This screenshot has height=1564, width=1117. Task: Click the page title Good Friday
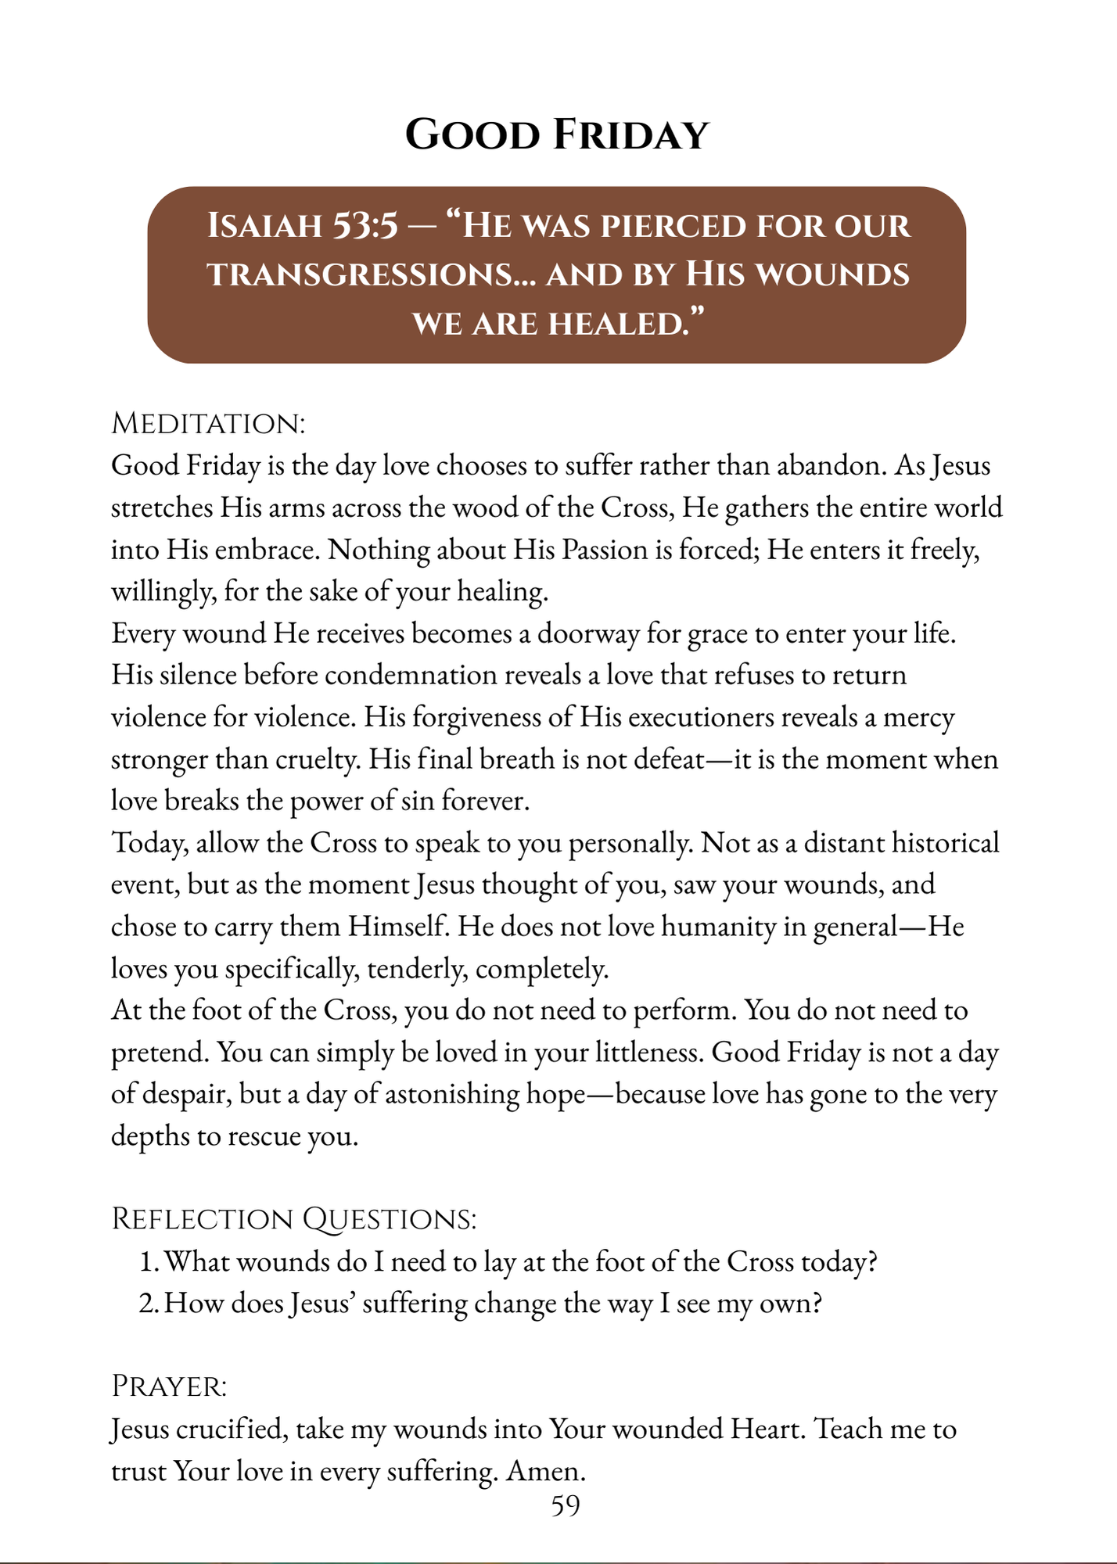pyautogui.click(x=557, y=135)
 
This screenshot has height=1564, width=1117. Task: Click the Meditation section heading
pyautogui.click(x=208, y=424)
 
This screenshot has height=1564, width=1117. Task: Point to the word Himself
pyautogui.click(x=399, y=927)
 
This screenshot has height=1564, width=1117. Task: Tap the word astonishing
pyautogui.click(x=451, y=1094)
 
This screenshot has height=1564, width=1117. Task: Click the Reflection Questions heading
pyautogui.click(x=294, y=1219)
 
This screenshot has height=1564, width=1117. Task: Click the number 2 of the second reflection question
pyautogui.click(x=146, y=1304)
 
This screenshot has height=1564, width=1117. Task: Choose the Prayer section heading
pyautogui.click(x=169, y=1386)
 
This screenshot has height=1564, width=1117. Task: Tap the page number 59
pyautogui.click(x=565, y=1506)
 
